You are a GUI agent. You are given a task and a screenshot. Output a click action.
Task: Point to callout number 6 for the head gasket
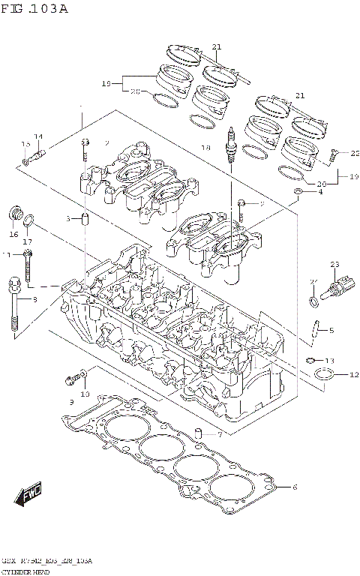point(295,487)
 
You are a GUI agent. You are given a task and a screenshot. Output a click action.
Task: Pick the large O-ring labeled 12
point(322,374)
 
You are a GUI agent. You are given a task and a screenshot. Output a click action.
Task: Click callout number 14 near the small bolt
point(37,136)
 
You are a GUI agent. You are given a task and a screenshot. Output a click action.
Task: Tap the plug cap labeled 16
point(13,214)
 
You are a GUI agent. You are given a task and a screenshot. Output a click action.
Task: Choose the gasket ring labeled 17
point(28,221)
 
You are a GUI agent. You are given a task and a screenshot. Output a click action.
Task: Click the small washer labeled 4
point(298,193)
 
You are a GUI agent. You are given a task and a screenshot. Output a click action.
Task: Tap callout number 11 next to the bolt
point(7,255)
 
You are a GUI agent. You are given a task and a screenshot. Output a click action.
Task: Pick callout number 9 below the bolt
point(72,403)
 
